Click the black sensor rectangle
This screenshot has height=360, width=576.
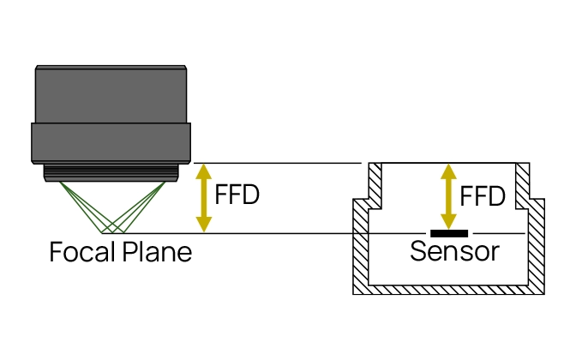[x=449, y=233]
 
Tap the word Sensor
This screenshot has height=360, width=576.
[x=454, y=252]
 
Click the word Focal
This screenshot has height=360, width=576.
[x=82, y=252]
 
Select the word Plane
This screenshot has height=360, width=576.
[x=157, y=252]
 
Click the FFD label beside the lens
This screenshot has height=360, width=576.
[x=237, y=195]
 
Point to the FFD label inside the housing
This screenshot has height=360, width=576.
[x=483, y=196]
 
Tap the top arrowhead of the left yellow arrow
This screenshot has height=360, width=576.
[x=203, y=171]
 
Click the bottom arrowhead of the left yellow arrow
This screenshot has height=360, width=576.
[x=203, y=225]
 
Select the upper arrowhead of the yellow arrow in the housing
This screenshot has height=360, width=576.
[x=448, y=171]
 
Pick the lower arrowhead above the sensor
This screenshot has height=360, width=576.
[x=448, y=222]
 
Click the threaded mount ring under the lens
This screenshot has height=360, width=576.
[x=111, y=172]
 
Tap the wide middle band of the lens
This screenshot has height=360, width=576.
[x=111, y=143]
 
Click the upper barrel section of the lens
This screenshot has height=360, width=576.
[x=111, y=94]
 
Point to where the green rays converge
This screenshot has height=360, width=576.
[x=113, y=232]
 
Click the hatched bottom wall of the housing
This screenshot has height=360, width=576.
[x=448, y=290]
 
